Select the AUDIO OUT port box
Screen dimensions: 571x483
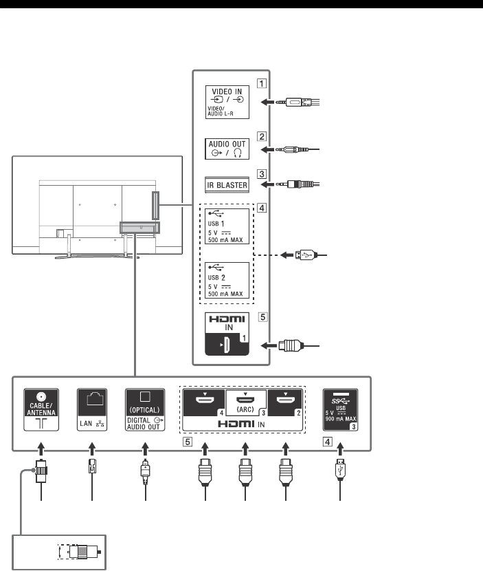pyautogui.click(x=227, y=149)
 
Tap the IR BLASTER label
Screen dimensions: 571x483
pyautogui.click(x=227, y=184)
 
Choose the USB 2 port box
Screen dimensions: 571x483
pyautogui.click(x=227, y=279)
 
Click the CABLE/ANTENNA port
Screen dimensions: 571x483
pyautogui.click(x=42, y=409)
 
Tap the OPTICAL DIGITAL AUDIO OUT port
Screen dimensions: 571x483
pyautogui.click(x=145, y=409)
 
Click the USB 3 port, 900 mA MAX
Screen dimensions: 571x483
pyautogui.click(x=340, y=409)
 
